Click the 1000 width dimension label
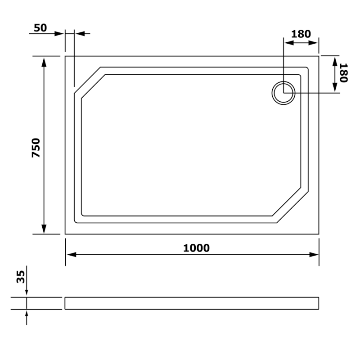pos(196,248)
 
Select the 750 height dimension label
pos(36,148)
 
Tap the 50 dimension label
pos(40,28)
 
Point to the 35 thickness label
pos(21,277)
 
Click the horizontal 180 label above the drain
pos(301,34)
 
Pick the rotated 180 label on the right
pos(343,73)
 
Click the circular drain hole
pos(283,93)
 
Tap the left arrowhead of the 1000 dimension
pos(72,255)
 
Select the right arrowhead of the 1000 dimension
pos(314,255)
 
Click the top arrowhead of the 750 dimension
pos(44,62)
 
